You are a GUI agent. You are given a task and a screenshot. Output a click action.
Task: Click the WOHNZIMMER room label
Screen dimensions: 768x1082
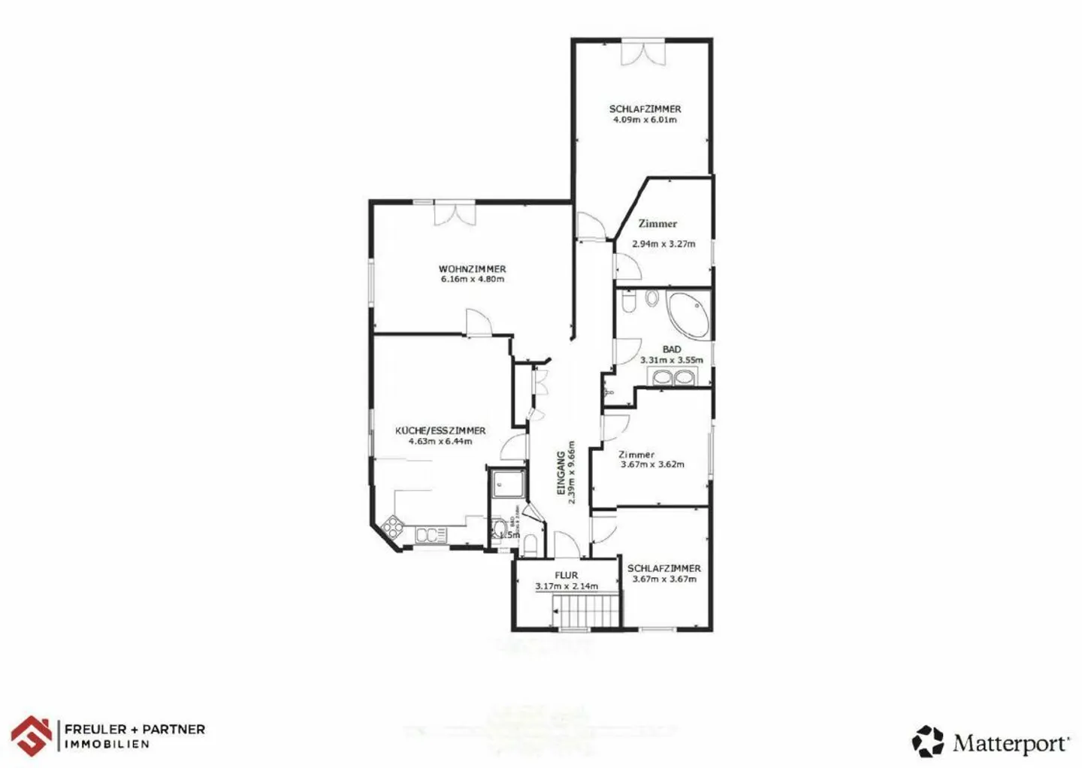[472, 268]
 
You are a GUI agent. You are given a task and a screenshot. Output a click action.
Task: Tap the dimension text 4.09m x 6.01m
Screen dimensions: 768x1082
[645, 119]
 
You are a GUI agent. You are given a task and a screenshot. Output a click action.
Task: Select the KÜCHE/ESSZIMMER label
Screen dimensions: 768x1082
[440, 431]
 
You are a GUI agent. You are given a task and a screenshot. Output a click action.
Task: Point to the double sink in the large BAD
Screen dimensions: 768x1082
[673, 377]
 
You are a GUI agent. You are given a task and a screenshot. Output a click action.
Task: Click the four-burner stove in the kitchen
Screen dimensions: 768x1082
[393, 527]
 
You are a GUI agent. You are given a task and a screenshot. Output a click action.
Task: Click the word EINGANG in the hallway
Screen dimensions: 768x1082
[561, 473]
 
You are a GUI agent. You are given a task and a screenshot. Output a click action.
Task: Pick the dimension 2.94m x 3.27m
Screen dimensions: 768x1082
[663, 243]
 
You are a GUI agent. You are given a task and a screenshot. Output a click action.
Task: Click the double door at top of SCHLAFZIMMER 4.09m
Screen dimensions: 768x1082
[643, 53]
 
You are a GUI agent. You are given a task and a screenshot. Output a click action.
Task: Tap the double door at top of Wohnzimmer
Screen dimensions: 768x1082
[455, 213]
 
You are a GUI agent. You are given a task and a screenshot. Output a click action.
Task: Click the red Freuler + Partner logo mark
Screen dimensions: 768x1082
[32, 736]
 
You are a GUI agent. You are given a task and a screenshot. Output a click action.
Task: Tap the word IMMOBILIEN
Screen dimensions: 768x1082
[107, 745]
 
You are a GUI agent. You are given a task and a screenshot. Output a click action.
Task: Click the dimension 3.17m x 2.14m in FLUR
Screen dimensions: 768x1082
[567, 586]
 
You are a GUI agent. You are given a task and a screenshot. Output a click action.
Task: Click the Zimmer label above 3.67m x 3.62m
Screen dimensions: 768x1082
[636, 454]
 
